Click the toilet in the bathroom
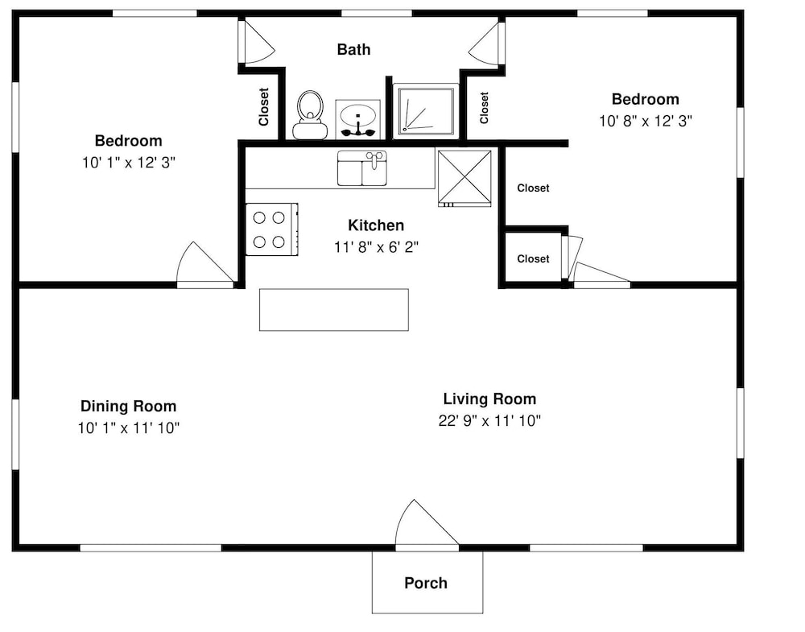[310, 114]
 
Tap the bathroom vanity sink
[358, 119]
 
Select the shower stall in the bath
[426, 111]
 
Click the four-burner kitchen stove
[271, 229]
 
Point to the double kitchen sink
[362, 168]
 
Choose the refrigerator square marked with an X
[464, 178]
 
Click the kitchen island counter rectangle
[334, 310]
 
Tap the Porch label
[426, 583]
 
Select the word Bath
[353, 50]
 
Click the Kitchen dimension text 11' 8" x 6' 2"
[376, 247]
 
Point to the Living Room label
[489, 399]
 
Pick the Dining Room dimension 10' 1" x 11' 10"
[129, 428]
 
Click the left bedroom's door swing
[205, 262]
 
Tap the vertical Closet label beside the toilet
[264, 107]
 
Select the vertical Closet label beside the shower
[484, 108]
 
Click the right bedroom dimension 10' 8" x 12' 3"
[646, 121]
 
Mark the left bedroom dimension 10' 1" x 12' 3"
[129, 163]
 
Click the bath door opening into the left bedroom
[257, 42]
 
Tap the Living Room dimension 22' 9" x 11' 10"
[489, 421]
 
